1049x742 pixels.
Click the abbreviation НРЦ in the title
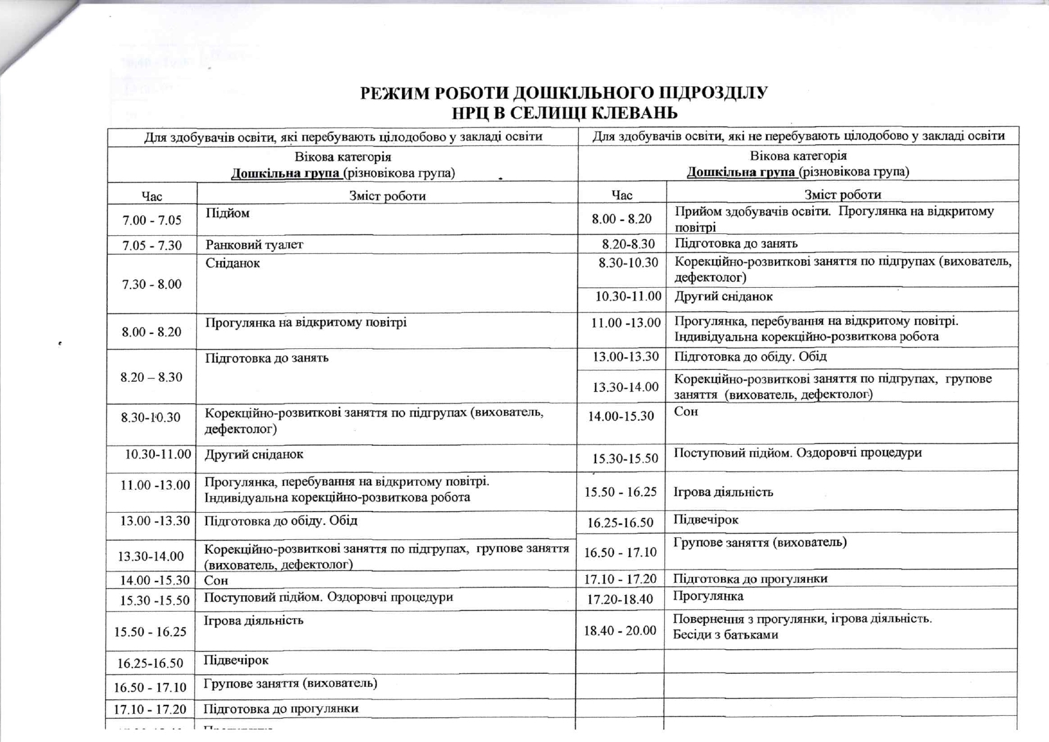pyautogui.click(x=473, y=113)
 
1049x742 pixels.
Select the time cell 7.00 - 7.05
pyautogui.click(x=152, y=220)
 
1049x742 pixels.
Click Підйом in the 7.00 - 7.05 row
pyautogui.click(x=227, y=213)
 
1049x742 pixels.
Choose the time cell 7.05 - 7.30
pyautogui.click(x=152, y=245)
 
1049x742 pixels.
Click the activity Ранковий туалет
pyautogui.click(x=254, y=245)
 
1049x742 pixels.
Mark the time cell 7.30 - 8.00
pyautogui.click(x=152, y=284)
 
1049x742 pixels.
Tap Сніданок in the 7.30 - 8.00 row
pyautogui.click(x=232, y=263)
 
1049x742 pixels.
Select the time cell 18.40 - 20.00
pyautogui.click(x=620, y=630)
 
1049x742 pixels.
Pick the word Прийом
pyautogui.click(x=695, y=211)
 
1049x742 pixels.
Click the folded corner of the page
pyautogui.click(x=30, y=36)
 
